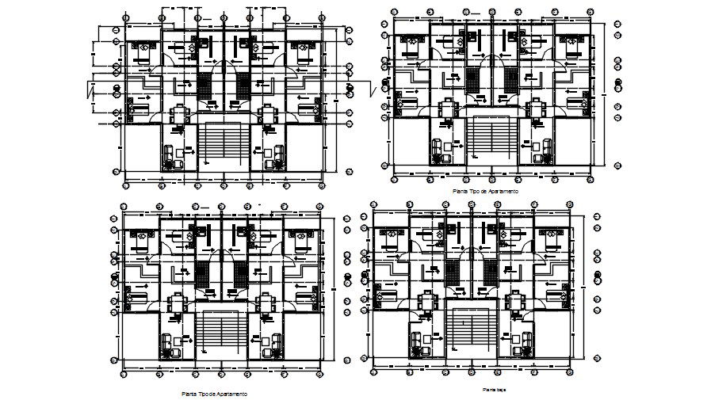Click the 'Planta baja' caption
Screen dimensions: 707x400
[495, 390]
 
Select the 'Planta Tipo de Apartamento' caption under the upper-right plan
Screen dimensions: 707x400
[484, 192]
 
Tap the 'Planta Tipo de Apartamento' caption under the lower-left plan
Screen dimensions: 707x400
[213, 394]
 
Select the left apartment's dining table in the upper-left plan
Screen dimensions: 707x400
[179, 111]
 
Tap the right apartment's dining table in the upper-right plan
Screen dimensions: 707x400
[535, 106]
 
